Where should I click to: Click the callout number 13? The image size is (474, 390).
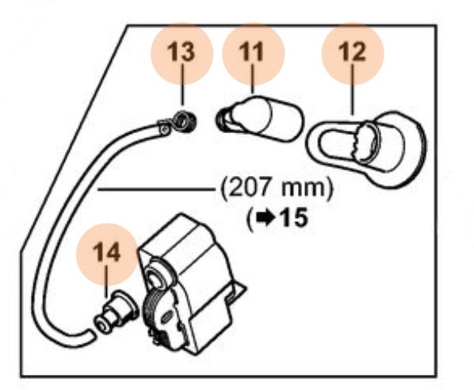181,52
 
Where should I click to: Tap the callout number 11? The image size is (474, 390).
251,52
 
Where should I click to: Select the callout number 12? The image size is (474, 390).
352,52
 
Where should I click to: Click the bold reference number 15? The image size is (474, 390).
294,218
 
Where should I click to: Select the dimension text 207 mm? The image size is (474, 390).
277,189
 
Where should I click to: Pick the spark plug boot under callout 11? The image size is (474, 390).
260,119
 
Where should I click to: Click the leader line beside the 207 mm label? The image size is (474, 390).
155,189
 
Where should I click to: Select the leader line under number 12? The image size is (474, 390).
352,90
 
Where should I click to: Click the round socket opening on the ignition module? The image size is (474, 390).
156,277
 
